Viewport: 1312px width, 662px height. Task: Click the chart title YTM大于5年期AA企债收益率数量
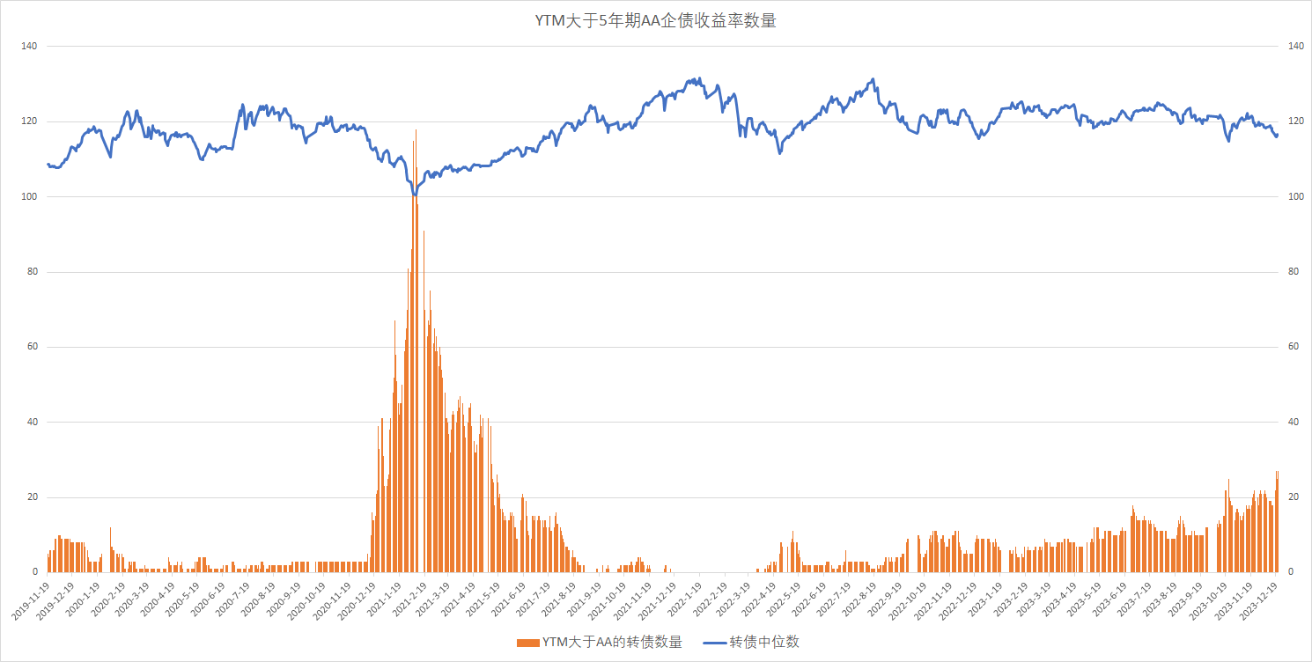tap(655, 21)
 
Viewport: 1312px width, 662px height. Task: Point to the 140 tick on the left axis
tap(28, 46)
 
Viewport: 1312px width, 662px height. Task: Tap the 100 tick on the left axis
tap(28, 196)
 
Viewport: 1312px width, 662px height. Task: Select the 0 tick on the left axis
tap(33, 572)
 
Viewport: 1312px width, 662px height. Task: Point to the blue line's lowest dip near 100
tap(414, 194)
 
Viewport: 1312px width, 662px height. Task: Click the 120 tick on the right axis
tap(1296, 121)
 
